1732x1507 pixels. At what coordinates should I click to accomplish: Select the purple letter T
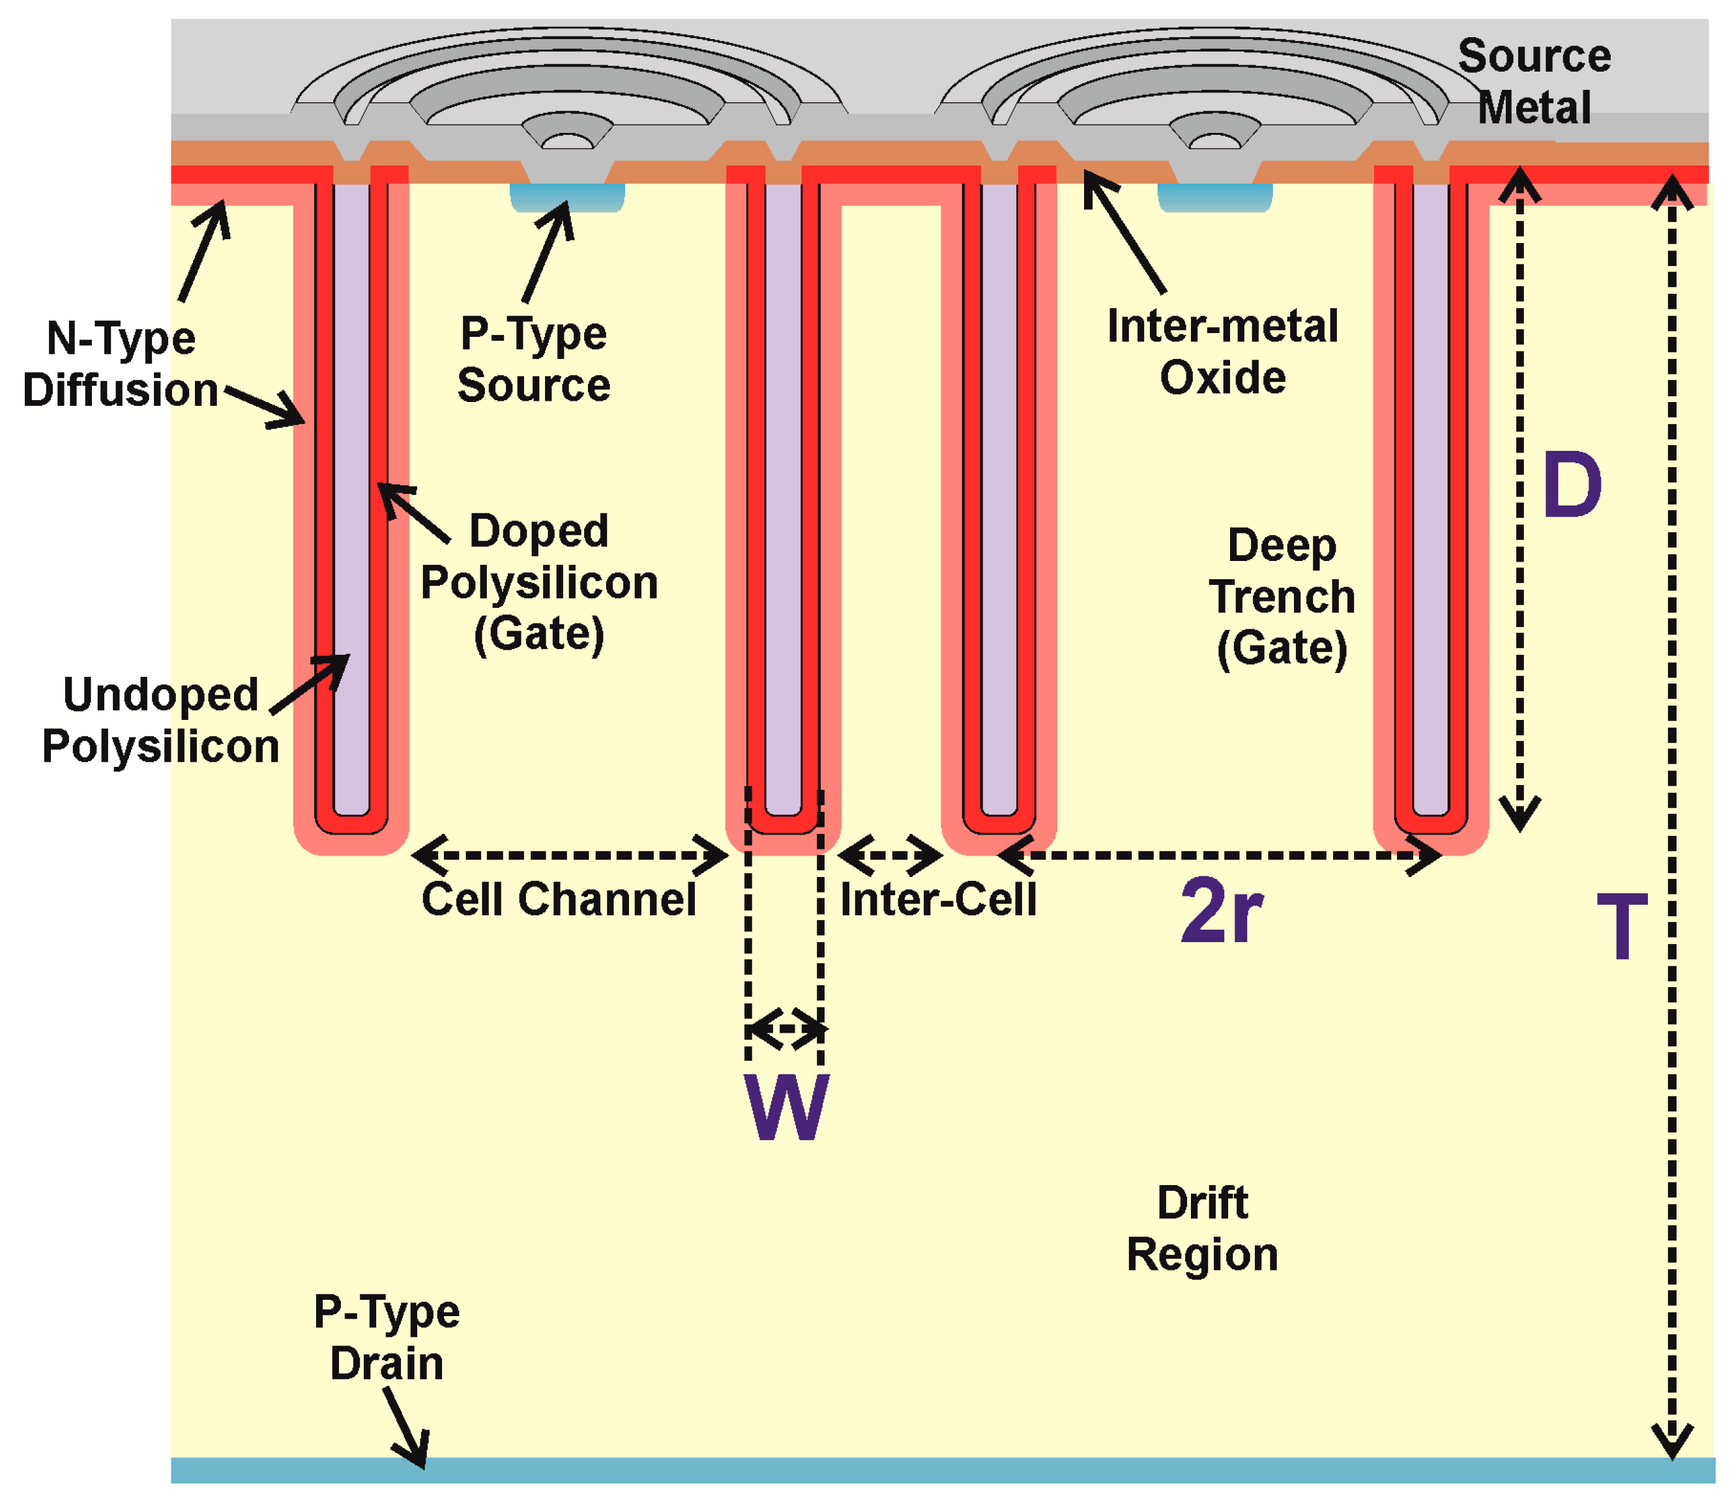coord(1621,926)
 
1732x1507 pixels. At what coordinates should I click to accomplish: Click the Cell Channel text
coord(559,899)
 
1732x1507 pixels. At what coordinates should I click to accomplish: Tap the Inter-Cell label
coord(938,900)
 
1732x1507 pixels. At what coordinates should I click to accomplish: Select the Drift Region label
coord(1201,1229)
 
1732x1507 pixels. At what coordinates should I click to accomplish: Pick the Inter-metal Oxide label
coord(1222,352)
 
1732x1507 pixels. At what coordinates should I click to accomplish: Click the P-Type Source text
coord(533,359)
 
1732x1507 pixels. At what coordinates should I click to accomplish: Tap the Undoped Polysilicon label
coord(160,721)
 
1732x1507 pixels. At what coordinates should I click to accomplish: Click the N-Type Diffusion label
coord(121,364)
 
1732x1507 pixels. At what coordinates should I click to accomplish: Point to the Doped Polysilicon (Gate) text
coord(538,582)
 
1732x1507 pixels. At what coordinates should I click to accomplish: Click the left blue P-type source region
coord(567,197)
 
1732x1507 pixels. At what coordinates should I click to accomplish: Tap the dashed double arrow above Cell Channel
coord(570,855)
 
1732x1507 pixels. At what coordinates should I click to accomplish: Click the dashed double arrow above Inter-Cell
coord(889,855)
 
